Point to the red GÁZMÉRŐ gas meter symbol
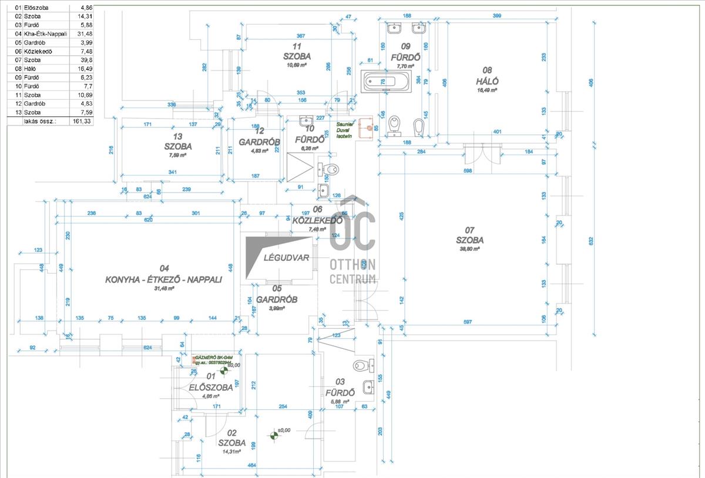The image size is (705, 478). click(194, 359)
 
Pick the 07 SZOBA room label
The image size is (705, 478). click(469, 235)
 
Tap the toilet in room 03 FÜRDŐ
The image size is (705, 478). click(362, 366)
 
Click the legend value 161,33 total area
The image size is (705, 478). click(81, 121)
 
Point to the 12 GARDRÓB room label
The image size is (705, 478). click(253, 137)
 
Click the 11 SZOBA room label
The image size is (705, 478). click(297, 52)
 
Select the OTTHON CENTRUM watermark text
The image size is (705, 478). click(353, 271)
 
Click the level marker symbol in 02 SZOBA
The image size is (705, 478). click(273, 435)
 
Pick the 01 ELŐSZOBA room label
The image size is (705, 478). click(210, 382)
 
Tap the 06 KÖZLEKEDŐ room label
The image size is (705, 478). click(317, 216)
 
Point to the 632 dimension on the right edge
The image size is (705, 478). click(591, 241)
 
